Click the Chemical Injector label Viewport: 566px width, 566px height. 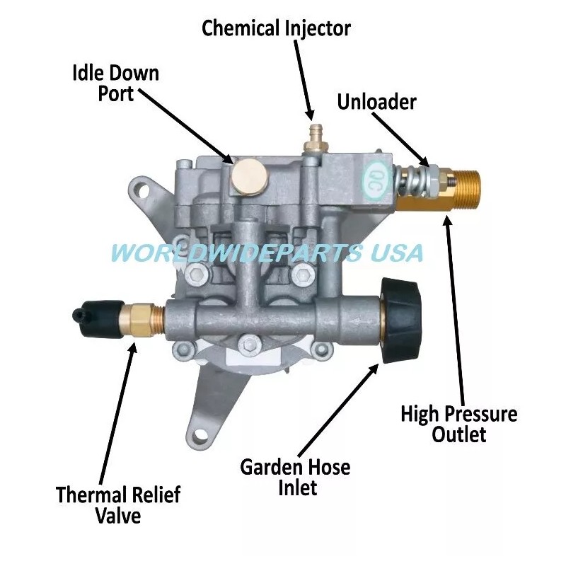pyautogui.click(x=276, y=28)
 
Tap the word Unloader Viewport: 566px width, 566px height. pyautogui.click(x=376, y=102)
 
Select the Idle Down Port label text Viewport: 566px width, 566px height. pyautogui.click(x=116, y=83)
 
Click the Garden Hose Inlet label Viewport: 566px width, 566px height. pyautogui.click(x=295, y=477)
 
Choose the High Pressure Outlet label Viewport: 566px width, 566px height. pyautogui.click(x=458, y=423)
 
